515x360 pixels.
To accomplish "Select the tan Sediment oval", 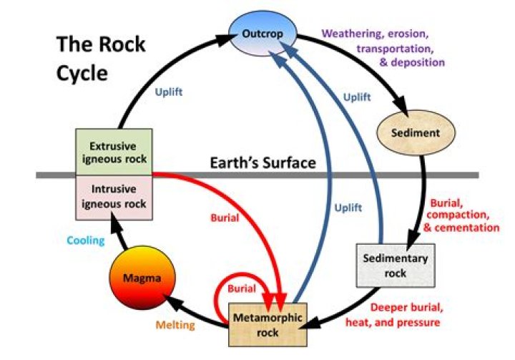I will click(x=415, y=133).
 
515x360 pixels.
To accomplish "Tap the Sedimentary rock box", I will click(x=385, y=265).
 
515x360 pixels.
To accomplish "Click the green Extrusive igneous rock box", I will click(x=114, y=152).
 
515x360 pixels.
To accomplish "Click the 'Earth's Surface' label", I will click(x=263, y=163).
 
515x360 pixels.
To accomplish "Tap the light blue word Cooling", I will click(x=86, y=240).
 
